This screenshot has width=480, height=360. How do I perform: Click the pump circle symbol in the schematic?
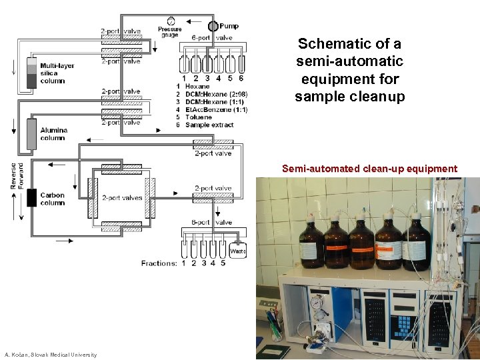pyautogui.click(x=213, y=26)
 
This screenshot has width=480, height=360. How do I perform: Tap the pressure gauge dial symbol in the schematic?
pyautogui.click(x=171, y=21)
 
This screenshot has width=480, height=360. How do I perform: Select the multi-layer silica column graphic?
pyautogui.click(x=31, y=73)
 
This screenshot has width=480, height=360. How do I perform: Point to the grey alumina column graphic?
pyautogui.click(x=31, y=134)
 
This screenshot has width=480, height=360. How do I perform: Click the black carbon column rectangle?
pyautogui.click(x=31, y=198)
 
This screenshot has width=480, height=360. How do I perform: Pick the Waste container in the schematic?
pyautogui.click(x=237, y=251)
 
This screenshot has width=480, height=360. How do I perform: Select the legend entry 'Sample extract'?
pyautogui.click(x=209, y=125)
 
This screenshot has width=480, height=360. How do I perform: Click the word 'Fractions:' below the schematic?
pyautogui.click(x=159, y=263)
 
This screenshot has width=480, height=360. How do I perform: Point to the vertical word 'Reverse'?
pyautogui.click(x=13, y=175)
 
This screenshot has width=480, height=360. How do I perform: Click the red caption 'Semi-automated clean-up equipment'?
pyautogui.click(x=369, y=169)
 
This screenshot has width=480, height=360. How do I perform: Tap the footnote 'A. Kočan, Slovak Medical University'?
pyautogui.click(x=51, y=355)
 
